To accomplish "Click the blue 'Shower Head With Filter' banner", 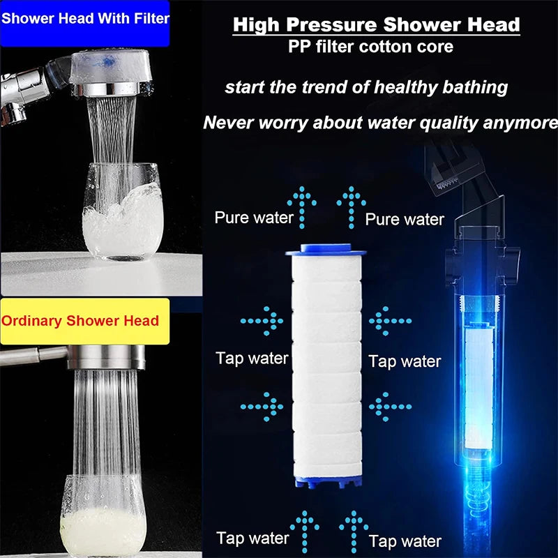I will pos(85,18).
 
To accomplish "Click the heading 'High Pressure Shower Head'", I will pos(376,26).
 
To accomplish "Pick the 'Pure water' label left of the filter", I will pos(254,217).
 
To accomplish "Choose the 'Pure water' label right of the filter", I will pos(405,219).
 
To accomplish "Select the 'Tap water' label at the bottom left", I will pos(252,538).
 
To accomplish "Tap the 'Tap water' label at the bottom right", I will pos(405,541).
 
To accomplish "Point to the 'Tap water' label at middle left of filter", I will pos(252,359).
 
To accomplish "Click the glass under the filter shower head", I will pos(121,213).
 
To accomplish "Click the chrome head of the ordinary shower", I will pos(106,356).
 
